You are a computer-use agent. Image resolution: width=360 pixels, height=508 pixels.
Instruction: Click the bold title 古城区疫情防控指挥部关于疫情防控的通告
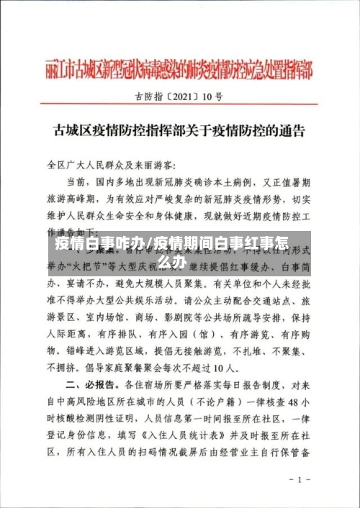point(179,132)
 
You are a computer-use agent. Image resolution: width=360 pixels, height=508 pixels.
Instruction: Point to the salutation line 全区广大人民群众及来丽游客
point(115,165)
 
